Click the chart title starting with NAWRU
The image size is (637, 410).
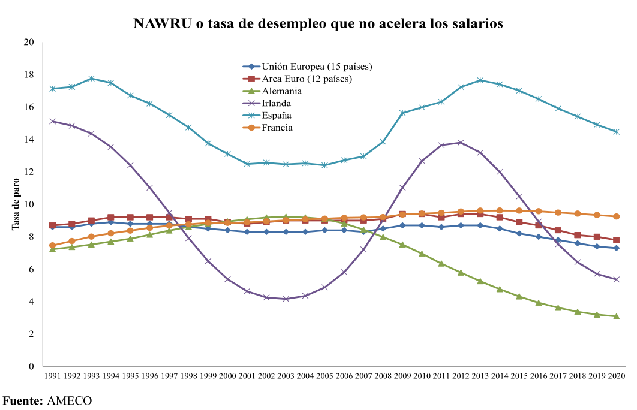(x=318, y=23)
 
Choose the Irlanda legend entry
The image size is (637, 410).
(x=277, y=103)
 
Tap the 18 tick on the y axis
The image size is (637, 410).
(x=29, y=75)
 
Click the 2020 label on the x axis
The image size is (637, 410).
(x=617, y=376)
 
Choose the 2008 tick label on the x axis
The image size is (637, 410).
(x=383, y=376)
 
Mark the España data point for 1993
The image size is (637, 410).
(x=91, y=79)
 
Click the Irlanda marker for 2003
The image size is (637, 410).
(x=286, y=299)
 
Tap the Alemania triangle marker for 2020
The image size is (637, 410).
(x=617, y=316)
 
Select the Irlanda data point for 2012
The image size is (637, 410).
(x=461, y=143)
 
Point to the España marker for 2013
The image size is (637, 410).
(x=480, y=80)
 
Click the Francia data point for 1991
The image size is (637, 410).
(x=53, y=245)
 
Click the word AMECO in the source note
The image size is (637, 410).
(x=69, y=400)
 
